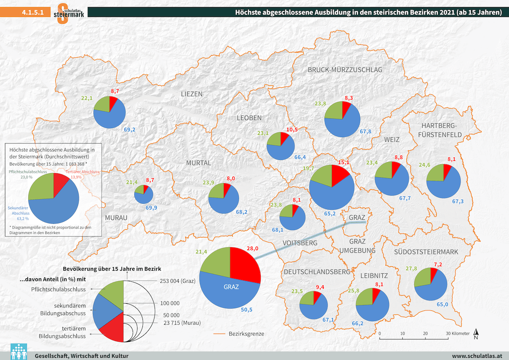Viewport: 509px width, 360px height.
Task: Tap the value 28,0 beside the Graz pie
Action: tap(252, 248)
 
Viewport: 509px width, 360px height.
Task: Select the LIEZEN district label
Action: tap(192, 94)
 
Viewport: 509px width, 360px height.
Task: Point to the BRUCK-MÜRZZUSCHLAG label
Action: tap(345, 70)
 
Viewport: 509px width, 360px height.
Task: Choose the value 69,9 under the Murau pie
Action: tap(152, 208)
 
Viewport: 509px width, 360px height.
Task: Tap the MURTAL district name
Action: tap(198, 163)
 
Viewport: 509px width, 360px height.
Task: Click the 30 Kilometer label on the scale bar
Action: tap(458, 333)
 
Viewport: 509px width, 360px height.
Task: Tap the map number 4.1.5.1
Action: tap(33, 13)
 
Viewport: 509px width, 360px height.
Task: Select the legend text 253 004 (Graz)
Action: tap(178, 280)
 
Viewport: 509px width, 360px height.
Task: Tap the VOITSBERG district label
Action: tap(300, 243)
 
